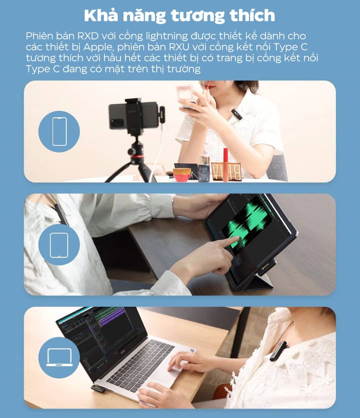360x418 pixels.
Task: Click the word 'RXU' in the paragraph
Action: click(179, 47)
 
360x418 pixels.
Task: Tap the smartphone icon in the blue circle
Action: click(59, 131)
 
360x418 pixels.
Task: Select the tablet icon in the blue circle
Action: click(59, 245)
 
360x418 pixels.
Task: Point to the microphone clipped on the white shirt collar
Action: click(237, 114)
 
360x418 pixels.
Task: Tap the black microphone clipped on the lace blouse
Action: click(279, 351)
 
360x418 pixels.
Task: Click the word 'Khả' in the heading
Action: click(101, 15)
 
